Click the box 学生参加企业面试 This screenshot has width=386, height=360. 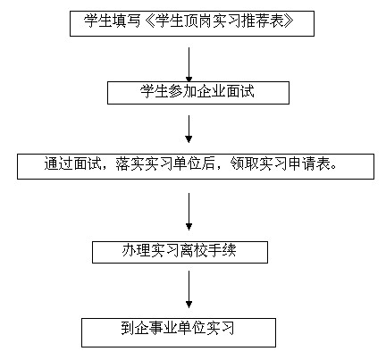198,93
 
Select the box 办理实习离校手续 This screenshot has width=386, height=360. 180,252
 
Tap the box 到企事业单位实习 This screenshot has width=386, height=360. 179,332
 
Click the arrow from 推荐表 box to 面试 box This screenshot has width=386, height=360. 189,64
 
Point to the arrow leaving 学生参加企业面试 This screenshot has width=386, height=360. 189,130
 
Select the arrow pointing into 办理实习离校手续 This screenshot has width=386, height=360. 189,212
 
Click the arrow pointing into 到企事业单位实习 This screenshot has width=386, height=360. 189,289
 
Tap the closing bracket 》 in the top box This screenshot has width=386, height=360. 288,21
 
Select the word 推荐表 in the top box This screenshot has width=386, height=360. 262,21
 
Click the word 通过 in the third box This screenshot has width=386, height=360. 59,163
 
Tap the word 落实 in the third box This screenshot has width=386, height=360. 130,163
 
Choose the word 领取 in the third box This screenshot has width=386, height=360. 244,163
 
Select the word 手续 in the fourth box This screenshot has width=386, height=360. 222,250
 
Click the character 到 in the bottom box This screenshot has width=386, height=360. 128,328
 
